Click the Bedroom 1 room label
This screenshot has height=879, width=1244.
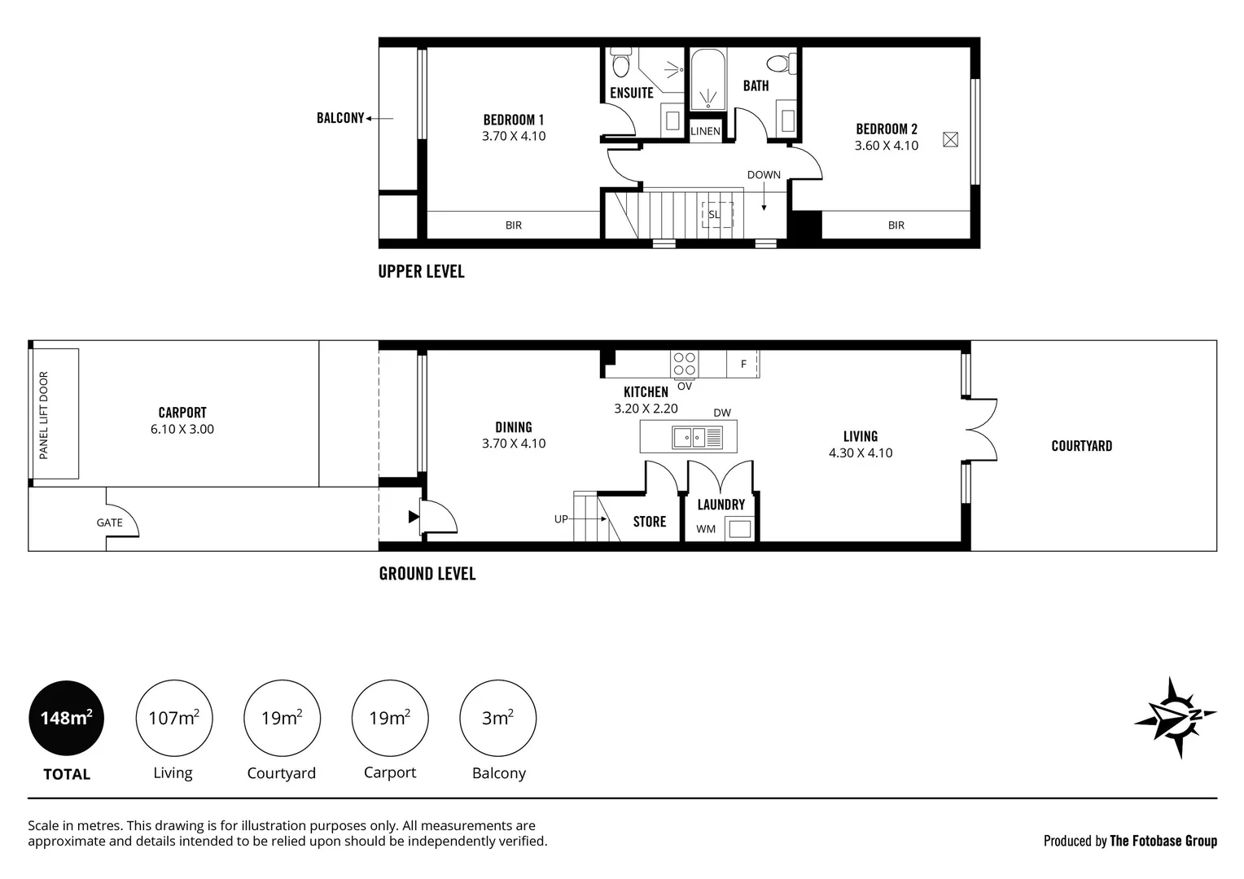(513, 120)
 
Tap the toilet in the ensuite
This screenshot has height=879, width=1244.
(621, 63)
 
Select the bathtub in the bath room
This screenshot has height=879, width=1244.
(707, 80)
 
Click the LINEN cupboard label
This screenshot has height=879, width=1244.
(705, 132)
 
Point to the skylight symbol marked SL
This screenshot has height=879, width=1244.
(717, 214)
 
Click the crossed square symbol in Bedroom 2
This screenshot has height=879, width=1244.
(950, 139)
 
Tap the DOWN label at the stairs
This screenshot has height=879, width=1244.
(764, 175)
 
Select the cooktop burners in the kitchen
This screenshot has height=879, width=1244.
(684, 365)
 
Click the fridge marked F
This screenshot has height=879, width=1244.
(742, 365)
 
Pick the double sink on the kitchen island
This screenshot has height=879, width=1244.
(697, 438)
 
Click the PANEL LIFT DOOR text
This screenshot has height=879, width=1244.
(44, 415)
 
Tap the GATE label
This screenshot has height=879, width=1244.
(109, 523)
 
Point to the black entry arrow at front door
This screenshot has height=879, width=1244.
(414, 517)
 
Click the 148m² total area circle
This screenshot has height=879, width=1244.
(66, 718)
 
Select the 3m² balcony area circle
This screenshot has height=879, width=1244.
(497, 718)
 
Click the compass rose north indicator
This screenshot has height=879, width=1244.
(1175, 717)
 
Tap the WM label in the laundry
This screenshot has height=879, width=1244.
(706, 529)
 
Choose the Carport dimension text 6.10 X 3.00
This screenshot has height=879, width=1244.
(182, 429)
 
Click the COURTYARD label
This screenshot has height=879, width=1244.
(1081, 446)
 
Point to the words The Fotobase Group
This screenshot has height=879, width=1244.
(1163, 842)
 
